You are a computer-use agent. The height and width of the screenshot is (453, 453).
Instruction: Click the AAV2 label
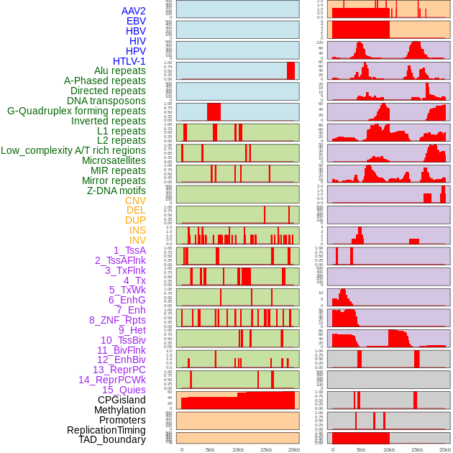click(133, 11)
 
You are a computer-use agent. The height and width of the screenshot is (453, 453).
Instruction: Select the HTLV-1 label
click(129, 61)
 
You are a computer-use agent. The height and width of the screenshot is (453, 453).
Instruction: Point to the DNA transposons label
click(106, 101)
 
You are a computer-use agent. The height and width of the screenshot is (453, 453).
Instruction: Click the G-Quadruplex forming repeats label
click(76, 111)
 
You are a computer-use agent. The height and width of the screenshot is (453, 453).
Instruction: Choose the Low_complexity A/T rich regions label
click(73, 150)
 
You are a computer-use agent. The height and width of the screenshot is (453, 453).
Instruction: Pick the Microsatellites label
click(114, 160)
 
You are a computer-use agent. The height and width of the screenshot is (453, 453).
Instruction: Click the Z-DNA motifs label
click(116, 191)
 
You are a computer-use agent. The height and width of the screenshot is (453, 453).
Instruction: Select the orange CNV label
click(135, 201)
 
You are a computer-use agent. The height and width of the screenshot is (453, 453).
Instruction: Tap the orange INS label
click(137, 230)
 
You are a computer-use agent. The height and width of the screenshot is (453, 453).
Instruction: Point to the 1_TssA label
click(129, 250)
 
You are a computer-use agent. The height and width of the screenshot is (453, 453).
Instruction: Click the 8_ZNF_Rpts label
click(117, 320)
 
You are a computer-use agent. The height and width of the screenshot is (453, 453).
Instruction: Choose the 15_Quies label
click(124, 390)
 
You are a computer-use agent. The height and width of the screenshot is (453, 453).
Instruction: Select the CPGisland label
click(122, 400)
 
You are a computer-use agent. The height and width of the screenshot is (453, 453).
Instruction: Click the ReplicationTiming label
click(106, 430)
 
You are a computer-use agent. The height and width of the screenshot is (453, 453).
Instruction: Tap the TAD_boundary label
click(111, 439)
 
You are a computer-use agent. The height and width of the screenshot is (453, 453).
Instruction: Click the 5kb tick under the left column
click(210, 449)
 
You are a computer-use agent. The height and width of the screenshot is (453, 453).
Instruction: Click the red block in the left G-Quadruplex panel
click(214, 112)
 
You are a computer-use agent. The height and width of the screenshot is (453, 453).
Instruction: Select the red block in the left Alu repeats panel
click(290, 70)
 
